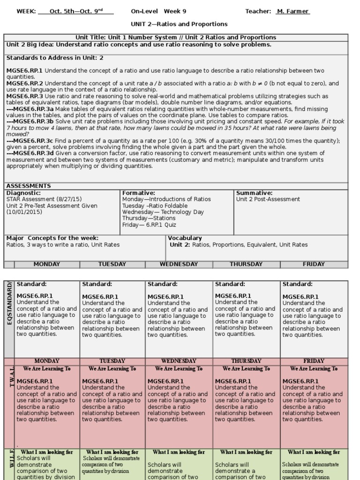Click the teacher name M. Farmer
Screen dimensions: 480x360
[292, 11]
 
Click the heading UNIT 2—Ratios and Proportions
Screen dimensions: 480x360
[179, 24]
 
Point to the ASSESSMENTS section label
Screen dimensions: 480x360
[29, 186]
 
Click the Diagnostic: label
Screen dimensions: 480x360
[23, 193]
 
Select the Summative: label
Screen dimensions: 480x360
[254, 193]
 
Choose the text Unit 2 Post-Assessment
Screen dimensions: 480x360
[268, 199]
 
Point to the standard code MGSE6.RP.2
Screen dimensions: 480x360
[24, 83]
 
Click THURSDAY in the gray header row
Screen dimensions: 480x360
[246, 264]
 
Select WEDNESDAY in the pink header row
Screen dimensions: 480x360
[179, 361]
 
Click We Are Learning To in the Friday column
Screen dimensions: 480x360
[314, 369]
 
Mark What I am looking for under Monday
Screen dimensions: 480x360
[47, 452]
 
